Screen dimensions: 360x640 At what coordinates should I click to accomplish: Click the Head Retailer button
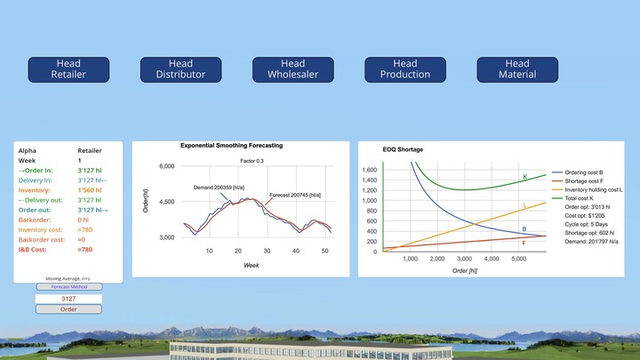click(x=68, y=69)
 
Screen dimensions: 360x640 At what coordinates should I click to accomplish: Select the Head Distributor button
click(x=180, y=69)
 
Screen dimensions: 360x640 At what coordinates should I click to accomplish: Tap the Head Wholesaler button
click(x=292, y=69)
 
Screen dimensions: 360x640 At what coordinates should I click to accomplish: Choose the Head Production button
click(x=405, y=69)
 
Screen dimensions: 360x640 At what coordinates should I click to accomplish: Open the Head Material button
click(x=517, y=69)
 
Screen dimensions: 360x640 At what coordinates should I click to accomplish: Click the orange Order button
click(x=68, y=309)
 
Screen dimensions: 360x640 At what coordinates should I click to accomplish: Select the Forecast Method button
click(x=68, y=287)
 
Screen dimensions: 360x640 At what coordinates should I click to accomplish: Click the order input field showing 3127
click(x=68, y=299)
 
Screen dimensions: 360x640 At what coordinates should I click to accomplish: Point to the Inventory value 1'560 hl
click(x=91, y=190)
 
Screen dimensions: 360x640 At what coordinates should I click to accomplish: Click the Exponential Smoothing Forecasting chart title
click(x=231, y=145)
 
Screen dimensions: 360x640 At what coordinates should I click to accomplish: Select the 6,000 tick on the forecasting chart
click(x=167, y=166)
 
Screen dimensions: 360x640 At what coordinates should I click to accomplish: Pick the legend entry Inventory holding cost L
click(x=588, y=189)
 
